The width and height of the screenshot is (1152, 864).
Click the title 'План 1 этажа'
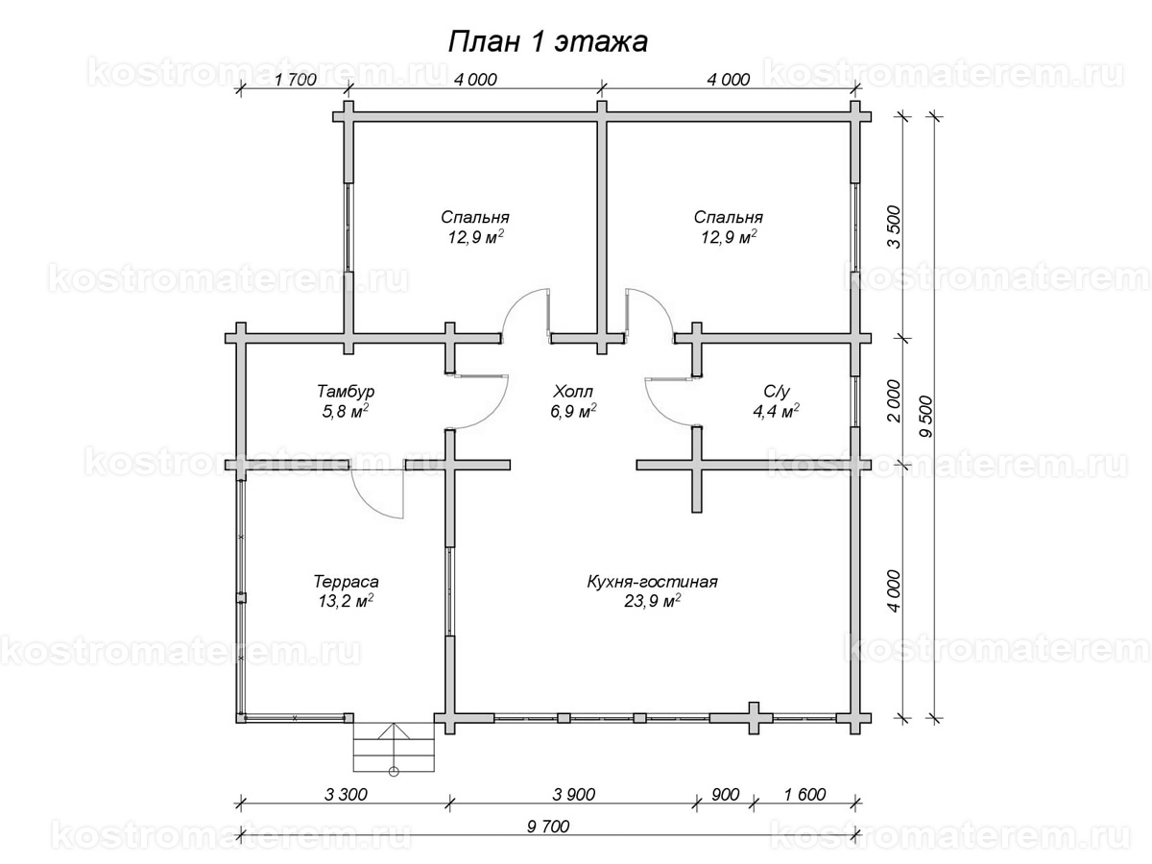547,43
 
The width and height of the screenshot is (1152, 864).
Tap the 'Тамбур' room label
346,392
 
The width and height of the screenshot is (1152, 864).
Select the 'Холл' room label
572,392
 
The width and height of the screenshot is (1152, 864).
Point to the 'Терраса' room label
346,582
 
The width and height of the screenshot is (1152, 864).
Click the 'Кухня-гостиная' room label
653,582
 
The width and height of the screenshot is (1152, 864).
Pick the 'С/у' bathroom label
777,392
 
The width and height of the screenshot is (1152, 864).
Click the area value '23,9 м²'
653,601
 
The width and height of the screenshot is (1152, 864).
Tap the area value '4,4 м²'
777,411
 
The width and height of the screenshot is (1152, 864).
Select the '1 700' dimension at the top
296,80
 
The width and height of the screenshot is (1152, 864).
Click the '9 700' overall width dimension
548,827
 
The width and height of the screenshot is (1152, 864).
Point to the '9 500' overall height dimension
926,417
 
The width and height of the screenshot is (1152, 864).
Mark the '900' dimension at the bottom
726,795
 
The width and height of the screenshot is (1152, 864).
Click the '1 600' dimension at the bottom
805,795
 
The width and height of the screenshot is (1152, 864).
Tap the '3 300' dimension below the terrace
346,795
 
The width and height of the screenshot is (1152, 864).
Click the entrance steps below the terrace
394,747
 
